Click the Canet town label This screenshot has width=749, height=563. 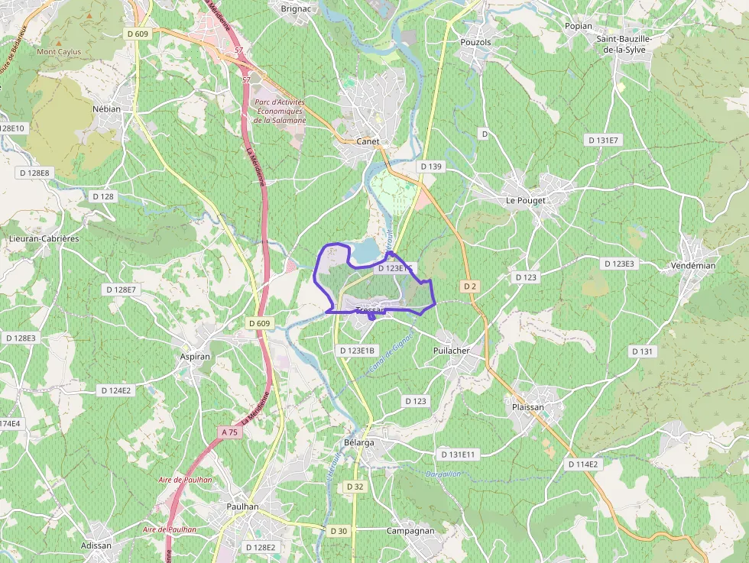[x=368, y=141]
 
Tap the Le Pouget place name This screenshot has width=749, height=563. [x=526, y=200]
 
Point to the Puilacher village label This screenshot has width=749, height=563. [x=451, y=351]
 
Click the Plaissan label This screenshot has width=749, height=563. [x=528, y=407]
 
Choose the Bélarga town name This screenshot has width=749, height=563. [x=359, y=442]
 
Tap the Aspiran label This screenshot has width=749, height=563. [x=194, y=357]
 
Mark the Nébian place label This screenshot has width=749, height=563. [x=106, y=108]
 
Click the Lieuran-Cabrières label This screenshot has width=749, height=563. [x=44, y=238]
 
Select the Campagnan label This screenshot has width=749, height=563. [x=410, y=530]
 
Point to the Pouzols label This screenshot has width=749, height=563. [x=475, y=42]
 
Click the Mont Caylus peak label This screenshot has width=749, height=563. [x=59, y=52]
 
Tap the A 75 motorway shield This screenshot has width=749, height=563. [x=229, y=432]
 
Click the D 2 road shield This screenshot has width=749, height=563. [x=469, y=286]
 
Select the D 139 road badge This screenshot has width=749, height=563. [x=430, y=167]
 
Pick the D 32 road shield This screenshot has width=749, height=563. [x=355, y=487]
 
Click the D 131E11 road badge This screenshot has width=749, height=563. [x=458, y=455]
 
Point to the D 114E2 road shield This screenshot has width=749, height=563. [x=584, y=464]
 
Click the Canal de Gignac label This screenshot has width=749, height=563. [x=391, y=353]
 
